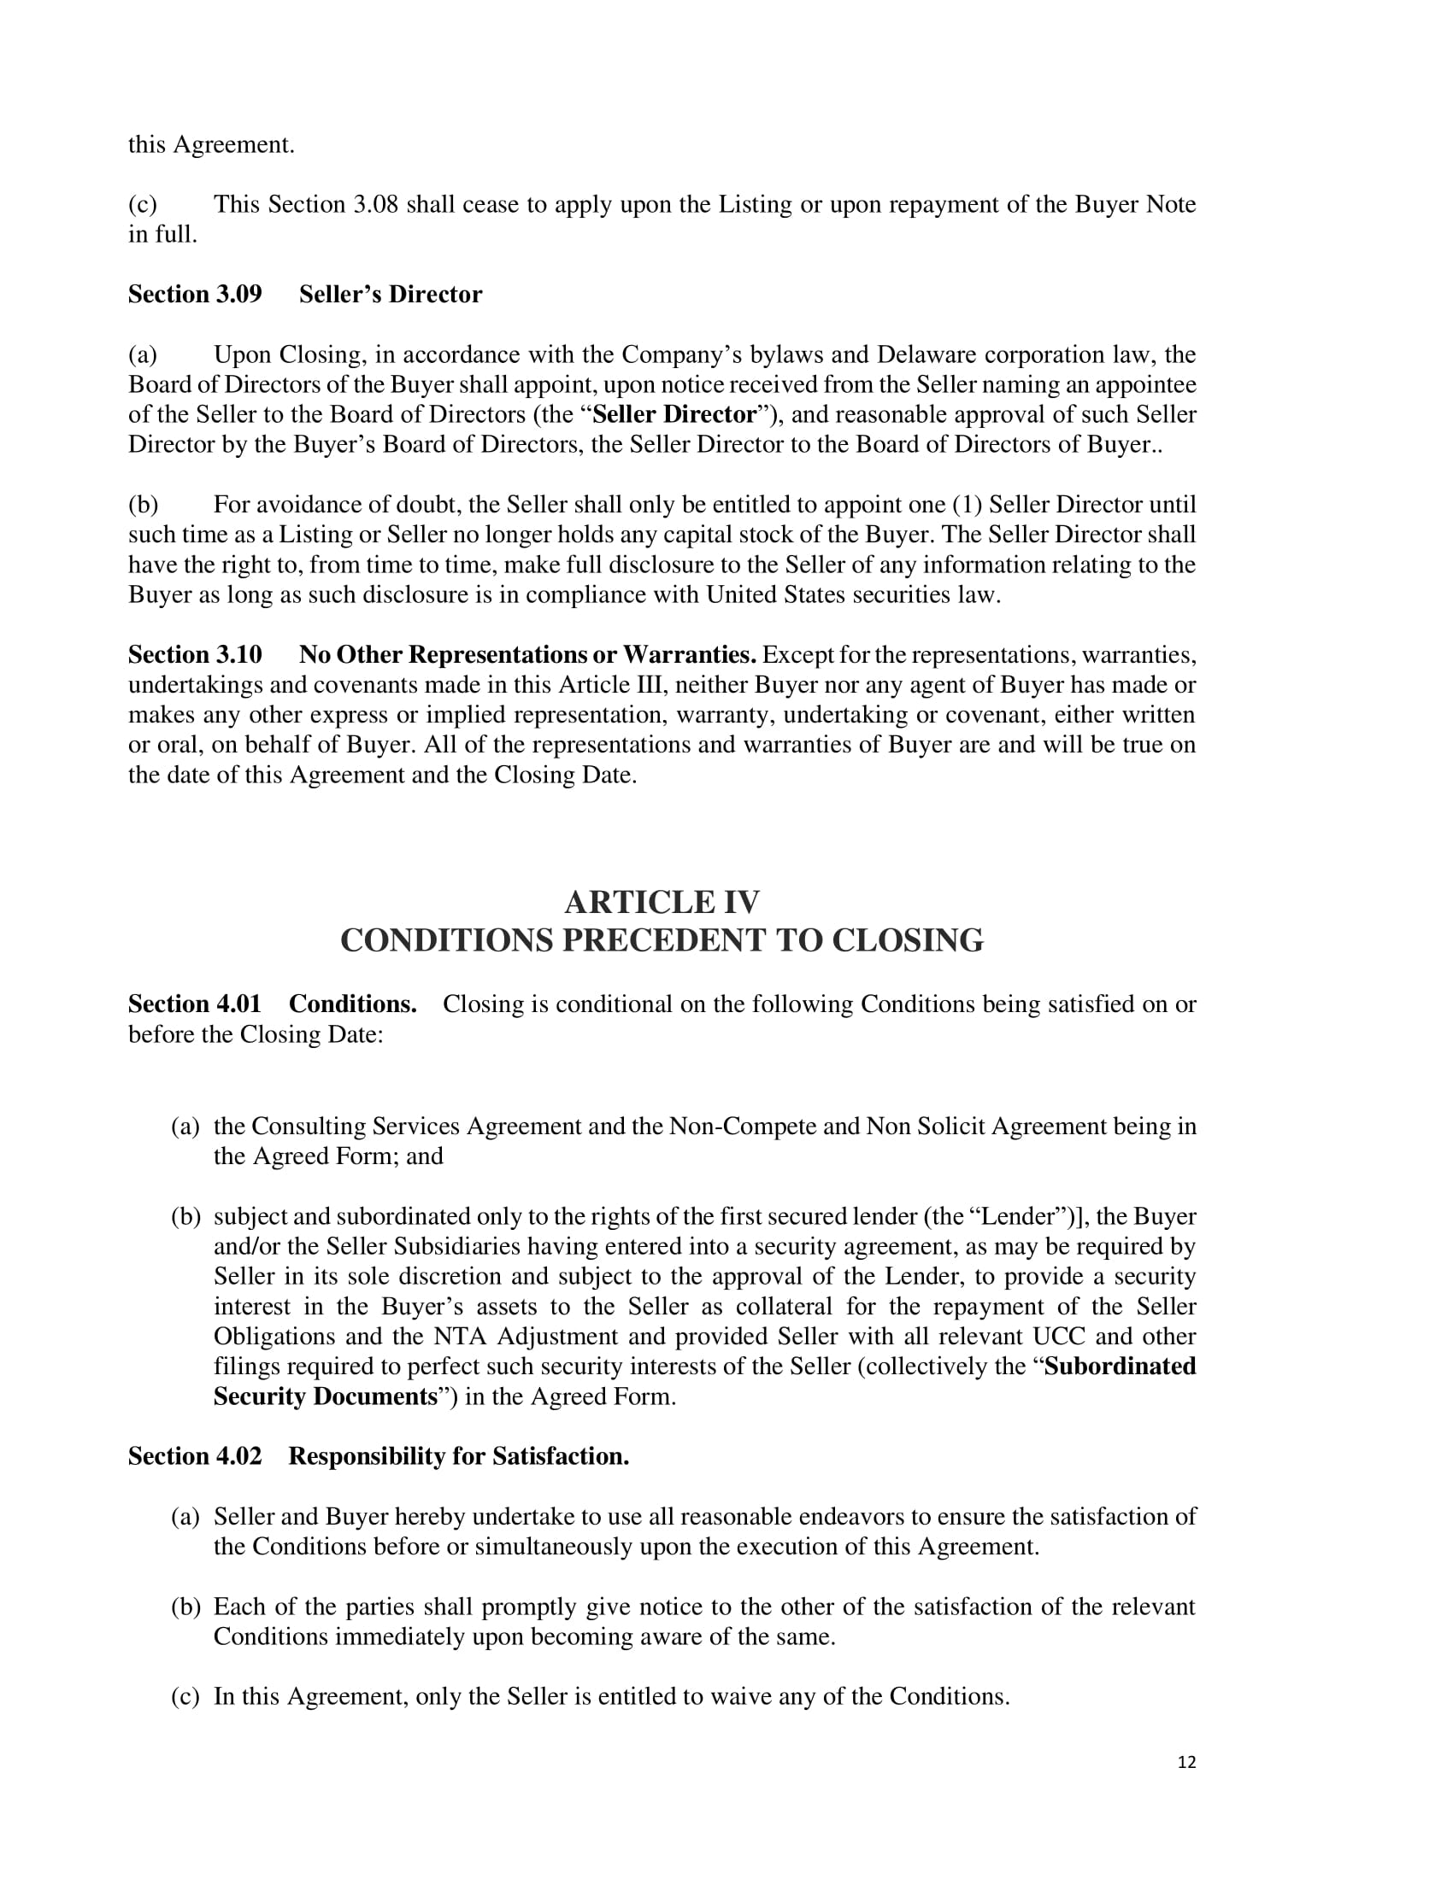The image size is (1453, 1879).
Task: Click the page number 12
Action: click(1186, 1762)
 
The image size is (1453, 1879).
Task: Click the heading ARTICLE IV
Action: click(662, 902)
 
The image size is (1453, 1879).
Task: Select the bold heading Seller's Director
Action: click(390, 295)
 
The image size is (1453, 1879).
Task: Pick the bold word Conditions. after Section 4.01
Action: click(353, 1004)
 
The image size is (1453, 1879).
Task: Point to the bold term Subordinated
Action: click(1120, 1367)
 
